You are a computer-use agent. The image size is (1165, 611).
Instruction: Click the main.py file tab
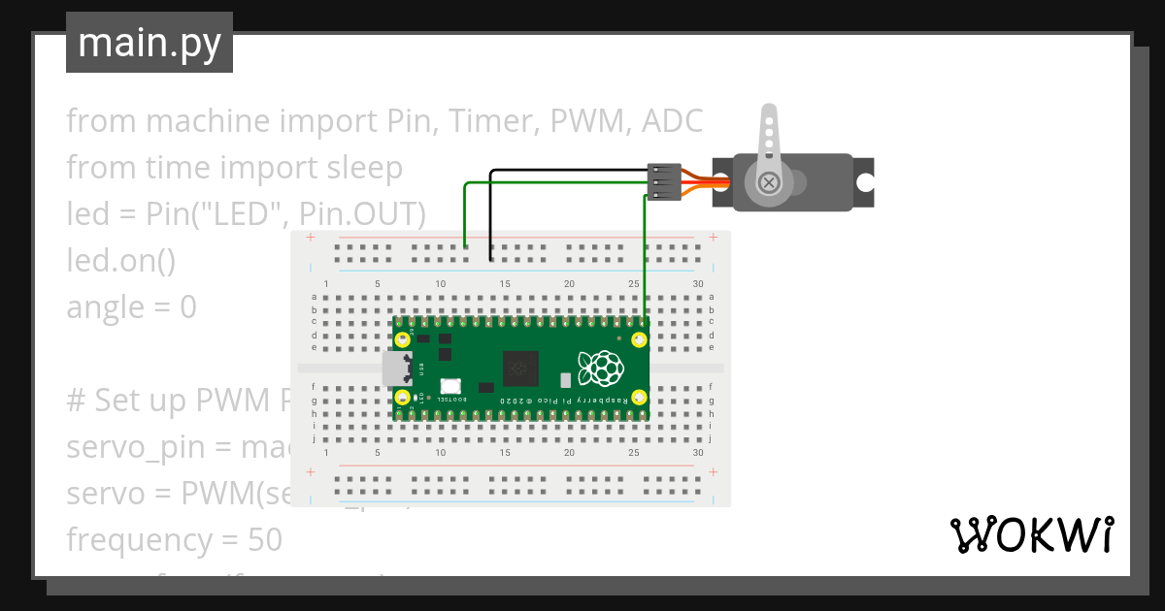tap(149, 43)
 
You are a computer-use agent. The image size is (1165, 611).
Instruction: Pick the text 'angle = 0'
tap(131, 307)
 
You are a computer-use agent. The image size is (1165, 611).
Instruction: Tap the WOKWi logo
tap(1032, 534)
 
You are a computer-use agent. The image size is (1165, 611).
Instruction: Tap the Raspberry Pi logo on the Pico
tap(600, 369)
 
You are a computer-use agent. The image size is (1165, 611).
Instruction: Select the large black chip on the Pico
tap(519, 369)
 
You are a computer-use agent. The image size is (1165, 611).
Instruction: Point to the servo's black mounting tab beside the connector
tap(722, 181)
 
